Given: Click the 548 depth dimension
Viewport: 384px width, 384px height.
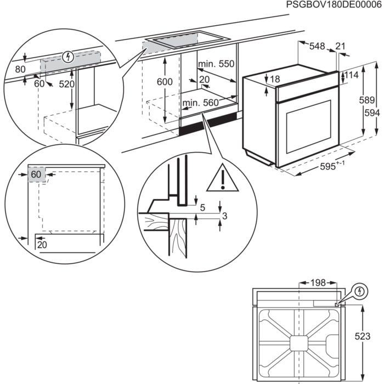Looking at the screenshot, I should tap(317, 47).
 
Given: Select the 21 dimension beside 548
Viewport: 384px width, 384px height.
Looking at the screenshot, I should tap(341, 47).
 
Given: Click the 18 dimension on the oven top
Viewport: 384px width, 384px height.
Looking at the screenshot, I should tap(274, 80).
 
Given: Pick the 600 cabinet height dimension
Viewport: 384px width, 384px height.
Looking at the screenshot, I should tap(164, 82).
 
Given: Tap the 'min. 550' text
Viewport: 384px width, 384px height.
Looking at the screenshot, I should tap(216, 64).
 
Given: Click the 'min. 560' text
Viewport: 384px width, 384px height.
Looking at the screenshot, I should tap(201, 102).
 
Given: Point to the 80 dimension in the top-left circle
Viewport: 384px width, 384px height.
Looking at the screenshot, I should tap(20, 70).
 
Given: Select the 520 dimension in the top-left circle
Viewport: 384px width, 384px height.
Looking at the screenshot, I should tap(66, 84).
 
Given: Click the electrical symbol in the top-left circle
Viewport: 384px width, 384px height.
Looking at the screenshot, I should tap(68, 56).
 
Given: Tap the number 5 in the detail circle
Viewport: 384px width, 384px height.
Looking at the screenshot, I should tap(202, 207).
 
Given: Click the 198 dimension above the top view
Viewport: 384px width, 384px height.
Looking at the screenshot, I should tap(317, 283).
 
